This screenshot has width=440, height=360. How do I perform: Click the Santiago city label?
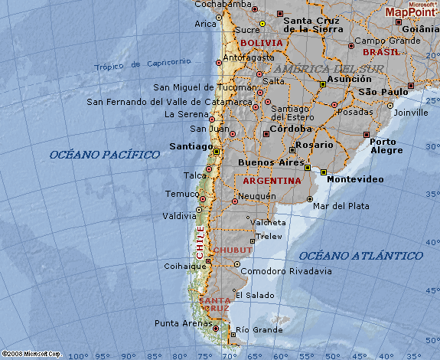pyautogui.click(x=191, y=146)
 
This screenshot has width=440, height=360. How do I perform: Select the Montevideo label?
pyautogui.click(x=355, y=179)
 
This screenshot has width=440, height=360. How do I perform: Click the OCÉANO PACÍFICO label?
pyautogui.click(x=105, y=155)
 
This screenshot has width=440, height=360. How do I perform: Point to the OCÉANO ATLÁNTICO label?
pyautogui.click(x=360, y=255)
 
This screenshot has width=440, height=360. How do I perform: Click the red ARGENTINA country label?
pyautogui.click(x=272, y=181)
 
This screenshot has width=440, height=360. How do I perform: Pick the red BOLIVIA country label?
pyautogui.click(x=261, y=43)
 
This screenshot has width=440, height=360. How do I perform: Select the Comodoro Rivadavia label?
pyautogui.click(x=286, y=271)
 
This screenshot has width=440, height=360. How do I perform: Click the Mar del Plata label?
pyautogui.click(x=341, y=206)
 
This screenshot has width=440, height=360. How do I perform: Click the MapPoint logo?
pyautogui.click(x=410, y=11)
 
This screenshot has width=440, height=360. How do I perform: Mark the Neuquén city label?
pyautogui.click(x=258, y=196)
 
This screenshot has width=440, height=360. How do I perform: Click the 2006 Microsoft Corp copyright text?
pyautogui.click(x=31, y=354)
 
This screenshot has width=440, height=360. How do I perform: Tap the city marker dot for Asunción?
pyautogui.click(x=323, y=85)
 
